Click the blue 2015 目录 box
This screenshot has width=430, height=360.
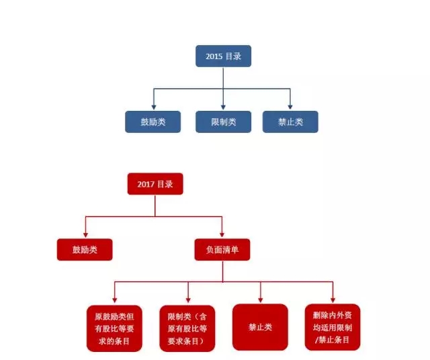[x=223, y=56]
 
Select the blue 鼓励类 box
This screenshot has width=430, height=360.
[x=153, y=122]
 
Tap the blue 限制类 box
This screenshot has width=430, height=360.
[x=223, y=122]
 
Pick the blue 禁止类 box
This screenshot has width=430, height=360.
[x=290, y=122]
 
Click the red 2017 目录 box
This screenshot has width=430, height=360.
[x=155, y=183]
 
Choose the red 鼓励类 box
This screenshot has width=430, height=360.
[x=85, y=250]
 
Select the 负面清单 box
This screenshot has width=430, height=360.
[x=222, y=250]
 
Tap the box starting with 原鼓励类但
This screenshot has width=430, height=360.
[x=114, y=327]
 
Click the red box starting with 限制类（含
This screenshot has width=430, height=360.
[x=187, y=327]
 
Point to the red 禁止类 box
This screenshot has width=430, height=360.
[x=260, y=327]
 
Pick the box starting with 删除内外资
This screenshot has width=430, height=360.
[x=333, y=327]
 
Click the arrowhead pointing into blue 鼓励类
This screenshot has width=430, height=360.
[x=153, y=107]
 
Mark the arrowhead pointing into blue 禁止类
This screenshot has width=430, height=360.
[x=290, y=107]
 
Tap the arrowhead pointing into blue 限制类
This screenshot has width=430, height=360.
[x=223, y=107]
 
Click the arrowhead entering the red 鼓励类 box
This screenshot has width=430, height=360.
[x=85, y=234]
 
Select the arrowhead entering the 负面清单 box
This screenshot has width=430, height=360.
[x=222, y=234]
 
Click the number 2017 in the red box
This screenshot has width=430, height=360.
[x=146, y=183]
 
